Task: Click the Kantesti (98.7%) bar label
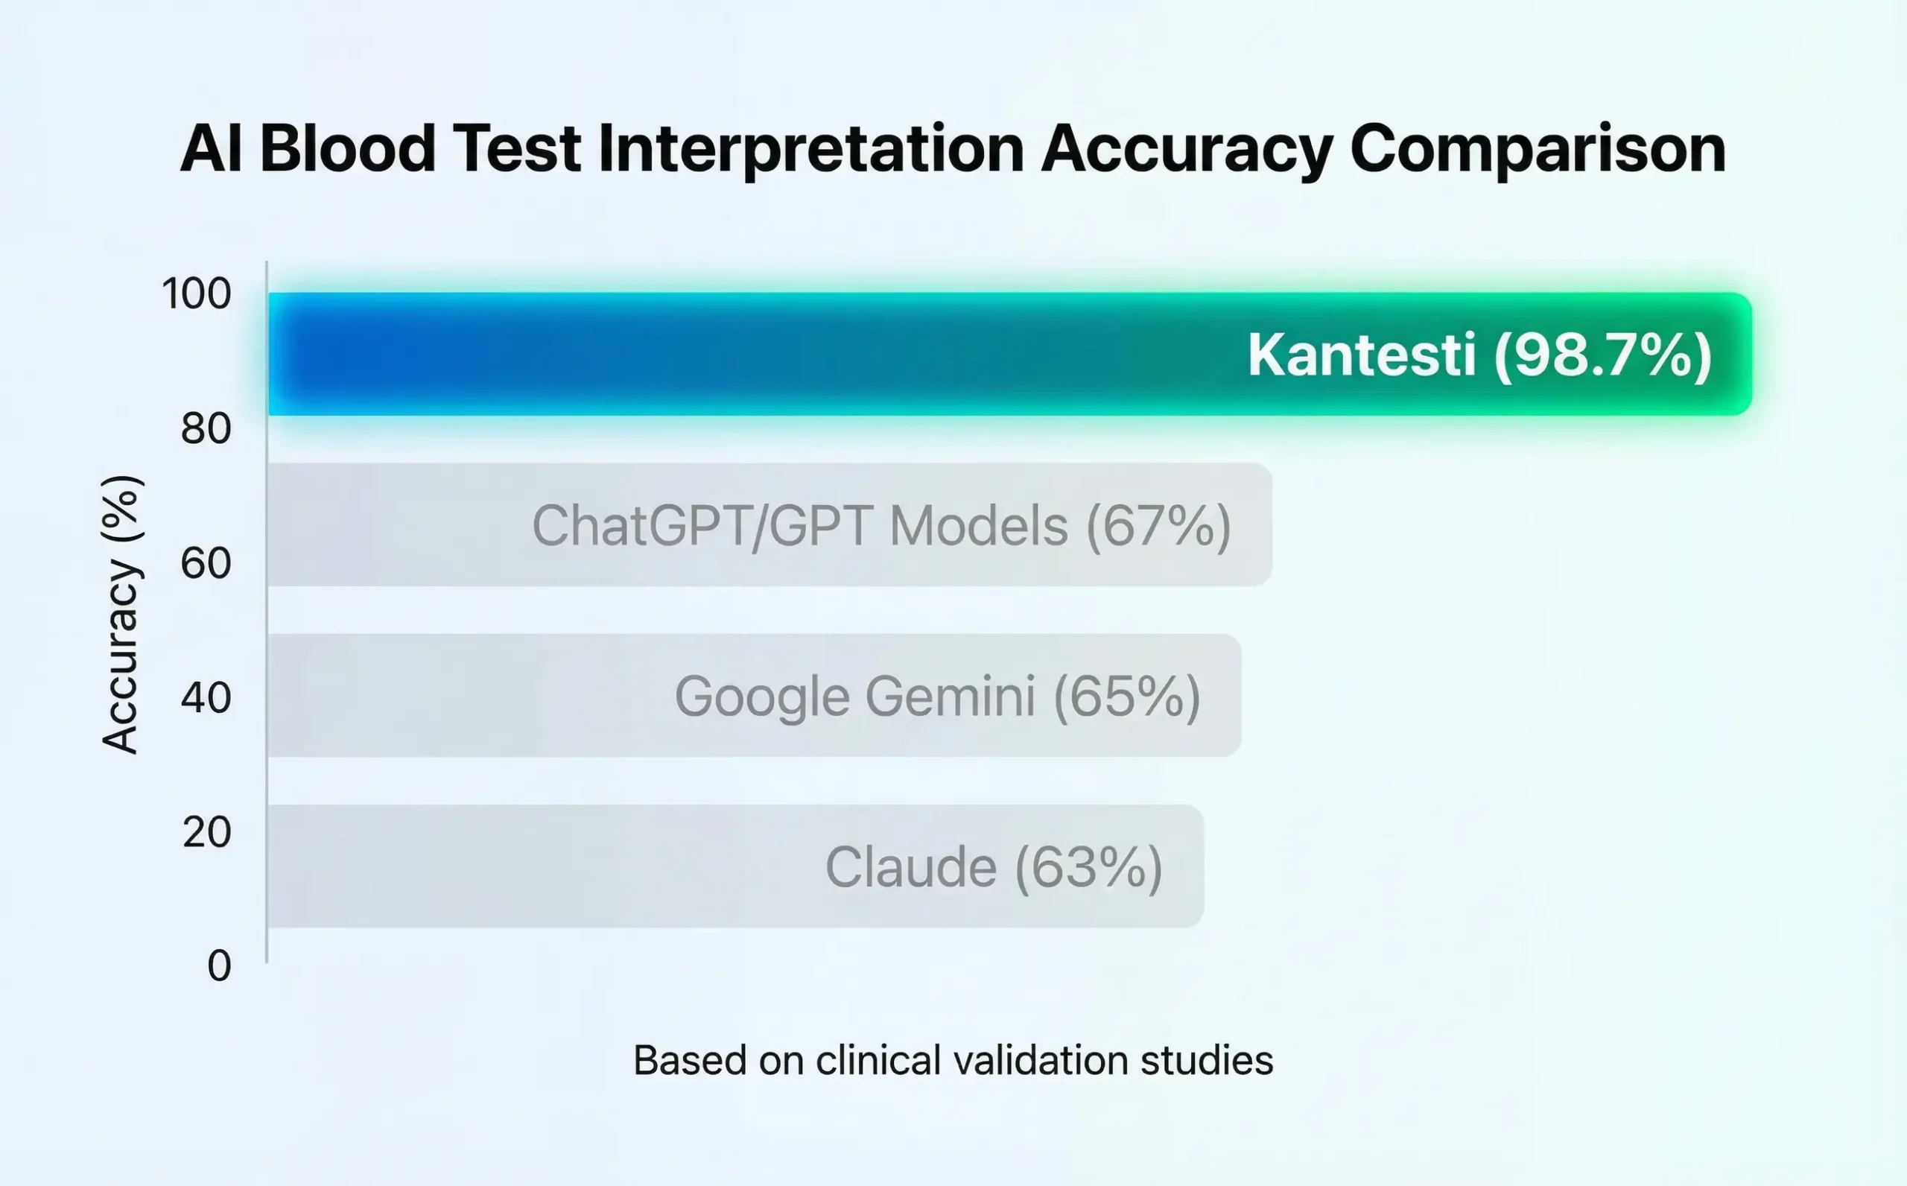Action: (1479, 355)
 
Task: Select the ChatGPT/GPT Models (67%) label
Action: (881, 525)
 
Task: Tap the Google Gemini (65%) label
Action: (937, 696)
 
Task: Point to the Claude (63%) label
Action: (994, 866)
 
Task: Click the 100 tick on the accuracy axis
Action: (196, 294)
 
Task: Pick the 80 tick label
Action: (206, 428)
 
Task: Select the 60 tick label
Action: (206, 563)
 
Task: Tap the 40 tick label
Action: (206, 697)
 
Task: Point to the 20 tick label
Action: (206, 831)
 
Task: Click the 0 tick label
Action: (219, 965)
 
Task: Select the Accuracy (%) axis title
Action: (121, 614)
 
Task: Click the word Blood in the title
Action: (346, 149)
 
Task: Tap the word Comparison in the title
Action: (1538, 149)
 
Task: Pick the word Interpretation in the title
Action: (810, 149)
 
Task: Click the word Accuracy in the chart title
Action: (1187, 149)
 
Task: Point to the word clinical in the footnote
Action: (878, 1061)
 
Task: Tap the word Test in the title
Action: (517, 149)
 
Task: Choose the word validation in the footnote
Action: (1041, 1061)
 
